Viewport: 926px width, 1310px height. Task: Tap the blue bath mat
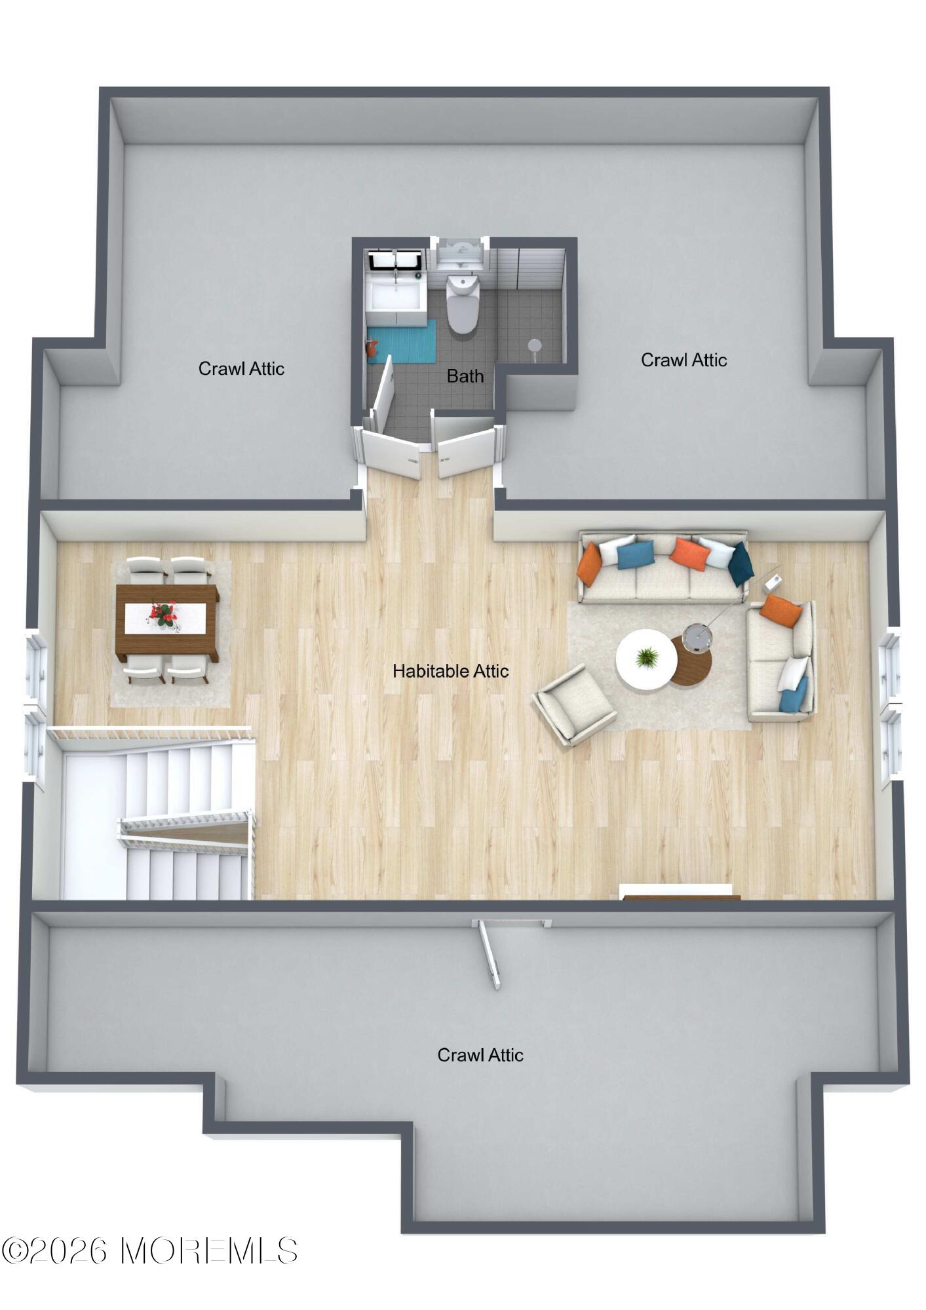(x=401, y=341)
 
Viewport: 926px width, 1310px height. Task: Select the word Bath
(x=465, y=376)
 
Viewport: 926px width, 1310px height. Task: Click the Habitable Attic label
(x=451, y=671)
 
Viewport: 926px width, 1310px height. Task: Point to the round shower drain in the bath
(x=535, y=345)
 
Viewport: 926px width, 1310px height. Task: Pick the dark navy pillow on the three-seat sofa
(x=741, y=564)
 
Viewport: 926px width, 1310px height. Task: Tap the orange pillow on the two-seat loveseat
(x=781, y=611)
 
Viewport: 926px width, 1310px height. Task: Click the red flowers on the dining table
(x=163, y=615)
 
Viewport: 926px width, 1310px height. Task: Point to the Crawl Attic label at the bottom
(x=480, y=1055)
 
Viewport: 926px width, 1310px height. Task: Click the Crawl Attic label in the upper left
(x=241, y=368)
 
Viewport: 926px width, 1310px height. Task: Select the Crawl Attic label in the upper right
(x=684, y=360)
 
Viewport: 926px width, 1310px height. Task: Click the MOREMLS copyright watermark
(x=149, y=1251)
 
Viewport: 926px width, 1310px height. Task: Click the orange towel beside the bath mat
(x=372, y=348)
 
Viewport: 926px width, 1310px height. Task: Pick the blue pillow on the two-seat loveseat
(x=794, y=695)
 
